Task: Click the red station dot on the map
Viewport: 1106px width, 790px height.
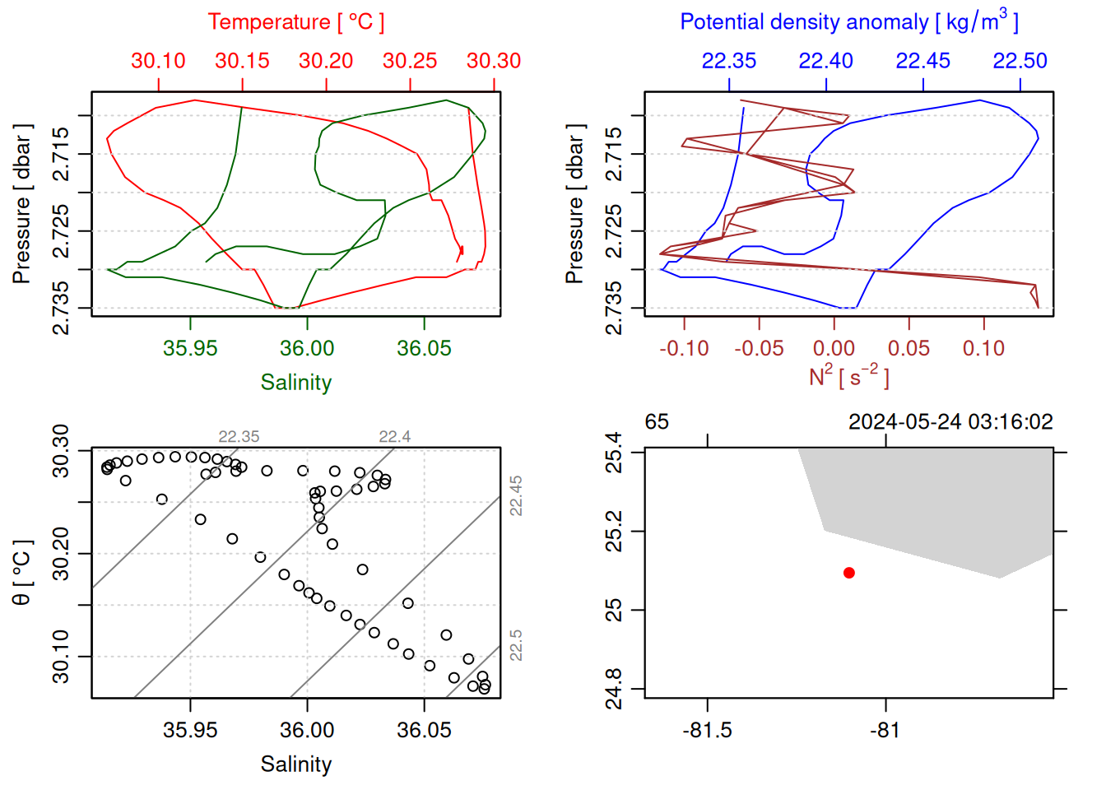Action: click(x=848, y=573)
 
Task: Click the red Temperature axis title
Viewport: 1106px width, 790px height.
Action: click(x=295, y=22)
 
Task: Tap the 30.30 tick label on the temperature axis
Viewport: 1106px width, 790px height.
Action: click(x=494, y=61)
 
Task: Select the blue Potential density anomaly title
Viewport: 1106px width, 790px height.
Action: click(x=848, y=22)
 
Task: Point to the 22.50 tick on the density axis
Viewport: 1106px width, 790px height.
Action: click(x=1020, y=61)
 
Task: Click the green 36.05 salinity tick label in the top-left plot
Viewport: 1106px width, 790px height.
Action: click(x=424, y=348)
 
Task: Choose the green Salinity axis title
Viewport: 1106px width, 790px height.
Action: click(x=295, y=383)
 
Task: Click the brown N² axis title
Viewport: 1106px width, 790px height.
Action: click(x=848, y=376)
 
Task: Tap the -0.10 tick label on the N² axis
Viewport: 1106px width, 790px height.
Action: click(x=684, y=349)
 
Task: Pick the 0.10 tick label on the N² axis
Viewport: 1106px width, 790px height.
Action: click(x=983, y=349)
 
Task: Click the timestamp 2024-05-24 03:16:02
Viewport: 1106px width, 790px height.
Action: click(x=950, y=422)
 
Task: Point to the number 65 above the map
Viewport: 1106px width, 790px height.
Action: click(x=657, y=422)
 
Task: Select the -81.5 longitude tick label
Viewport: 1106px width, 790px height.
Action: click(x=707, y=731)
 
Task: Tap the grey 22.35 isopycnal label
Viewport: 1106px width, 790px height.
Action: click(x=239, y=437)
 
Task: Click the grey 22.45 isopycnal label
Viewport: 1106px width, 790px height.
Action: click(x=516, y=495)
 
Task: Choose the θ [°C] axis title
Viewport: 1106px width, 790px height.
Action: click(x=22, y=573)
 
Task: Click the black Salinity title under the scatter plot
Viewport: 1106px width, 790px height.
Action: click(x=295, y=764)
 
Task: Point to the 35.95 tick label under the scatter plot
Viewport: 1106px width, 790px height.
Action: click(x=190, y=731)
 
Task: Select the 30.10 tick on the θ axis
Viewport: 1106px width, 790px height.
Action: click(x=62, y=657)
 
